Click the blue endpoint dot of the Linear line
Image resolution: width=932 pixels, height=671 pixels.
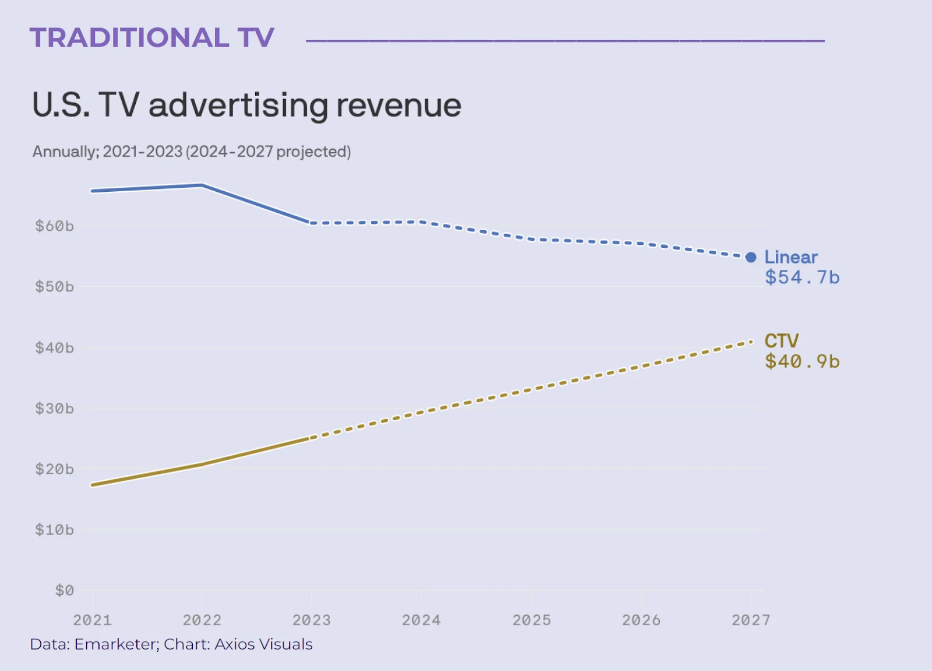pyautogui.click(x=751, y=257)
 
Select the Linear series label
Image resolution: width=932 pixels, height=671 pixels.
pyautogui.click(x=790, y=257)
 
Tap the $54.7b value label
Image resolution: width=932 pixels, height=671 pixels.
pyautogui.click(x=802, y=277)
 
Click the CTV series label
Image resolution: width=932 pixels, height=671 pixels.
pyautogui.click(x=781, y=341)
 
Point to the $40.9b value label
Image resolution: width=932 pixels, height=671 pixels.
pyautogui.click(x=802, y=361)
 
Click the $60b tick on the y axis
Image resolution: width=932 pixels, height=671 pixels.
pyautogui.click(x=54, y=226)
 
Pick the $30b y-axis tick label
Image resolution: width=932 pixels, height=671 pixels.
pyautogui.click(x=54, y=409)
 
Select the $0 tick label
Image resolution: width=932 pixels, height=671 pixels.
pyautogui.click(x=64, y=591)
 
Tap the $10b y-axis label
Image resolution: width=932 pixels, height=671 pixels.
pyautogui.click(x=54, y=530)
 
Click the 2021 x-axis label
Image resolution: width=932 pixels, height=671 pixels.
pyautogui.click(x=92, y=620)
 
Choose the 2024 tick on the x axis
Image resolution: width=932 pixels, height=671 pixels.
pyautogui.click(x=421, y=620)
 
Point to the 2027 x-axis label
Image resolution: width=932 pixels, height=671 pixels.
pyautogui.click(x=751, y=620)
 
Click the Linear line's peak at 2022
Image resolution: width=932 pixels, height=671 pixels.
pyautogui.click(x=202, y=185)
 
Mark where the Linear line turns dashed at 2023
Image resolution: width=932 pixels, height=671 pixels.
pyautogui.click(x=312, y=223)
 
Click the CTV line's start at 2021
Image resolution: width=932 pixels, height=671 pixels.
pyautogui.click(x=93, y=484)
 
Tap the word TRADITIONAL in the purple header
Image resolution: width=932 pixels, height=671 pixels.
pyautogui.click(x=129, y=38)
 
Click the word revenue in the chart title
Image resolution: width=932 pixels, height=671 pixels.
pyautogui.click(x=398, y=106)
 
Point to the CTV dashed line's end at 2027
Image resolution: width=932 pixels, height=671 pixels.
pyautogui.click(x=750, y=342)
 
